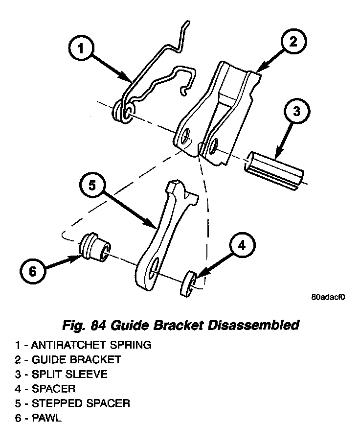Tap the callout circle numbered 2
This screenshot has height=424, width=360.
292,42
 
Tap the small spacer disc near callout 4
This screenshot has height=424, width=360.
189,283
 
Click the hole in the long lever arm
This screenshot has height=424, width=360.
153,266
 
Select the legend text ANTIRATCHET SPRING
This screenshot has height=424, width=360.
92,345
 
